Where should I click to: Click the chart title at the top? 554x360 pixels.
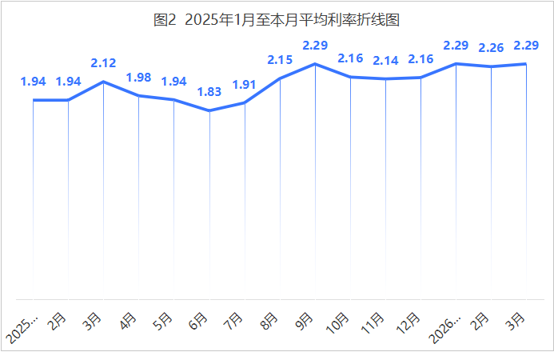pyautogui.click(x=277, y=20)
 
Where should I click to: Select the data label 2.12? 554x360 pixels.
pyautogui.click(x=104, y=62)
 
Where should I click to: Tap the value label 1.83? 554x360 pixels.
pyautogui.click(x=209, y=92)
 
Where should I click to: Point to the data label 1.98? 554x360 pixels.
pyautogui.click(x=139, y=78)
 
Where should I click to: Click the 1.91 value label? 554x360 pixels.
pyautogui.click(x=245, y=84)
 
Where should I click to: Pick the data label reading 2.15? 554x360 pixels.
pyautogui.click(x=280, y=59)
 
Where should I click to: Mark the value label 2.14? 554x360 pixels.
pyautogui.click(x=385, y=60)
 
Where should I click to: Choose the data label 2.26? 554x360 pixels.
pyautogui.click(x=491, y=48)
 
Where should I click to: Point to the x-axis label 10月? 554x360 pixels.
pyautogui.click(x=338, y=322)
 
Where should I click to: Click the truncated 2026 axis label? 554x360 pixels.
pyautogui.click(x=446, y=328)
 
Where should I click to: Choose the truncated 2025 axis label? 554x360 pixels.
pyautogui.click(x=23, y=328)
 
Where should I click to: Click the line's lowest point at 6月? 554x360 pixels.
pyautogui.click(x=209, y=110)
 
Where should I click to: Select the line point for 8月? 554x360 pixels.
pyautogui.click(x=280, y=78)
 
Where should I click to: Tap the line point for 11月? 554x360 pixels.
pyautogui.click(x=385, y=79)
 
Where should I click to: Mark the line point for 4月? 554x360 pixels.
pyautogui.click(x=139, y=96)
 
